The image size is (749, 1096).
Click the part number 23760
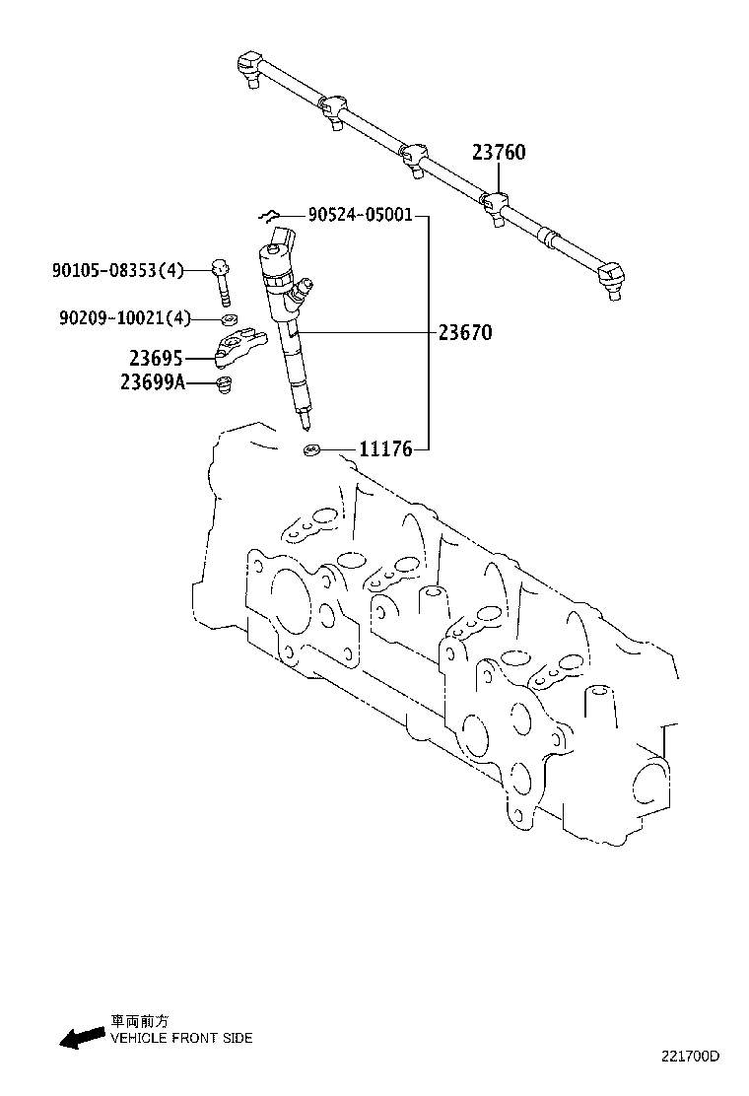[498, 153]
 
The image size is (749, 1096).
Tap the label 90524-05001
[359, 215]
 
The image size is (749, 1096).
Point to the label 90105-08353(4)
[117, 269]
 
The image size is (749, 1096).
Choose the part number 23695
[156, 358]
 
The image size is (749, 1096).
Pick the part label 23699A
[153, 382]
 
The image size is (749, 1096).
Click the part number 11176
[385, 449]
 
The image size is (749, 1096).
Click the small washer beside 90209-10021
[227, 318]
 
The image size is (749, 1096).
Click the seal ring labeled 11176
[312, 450]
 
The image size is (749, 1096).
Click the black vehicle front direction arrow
[82, 1035]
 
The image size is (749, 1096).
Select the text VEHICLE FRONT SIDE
[181, 1038]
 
